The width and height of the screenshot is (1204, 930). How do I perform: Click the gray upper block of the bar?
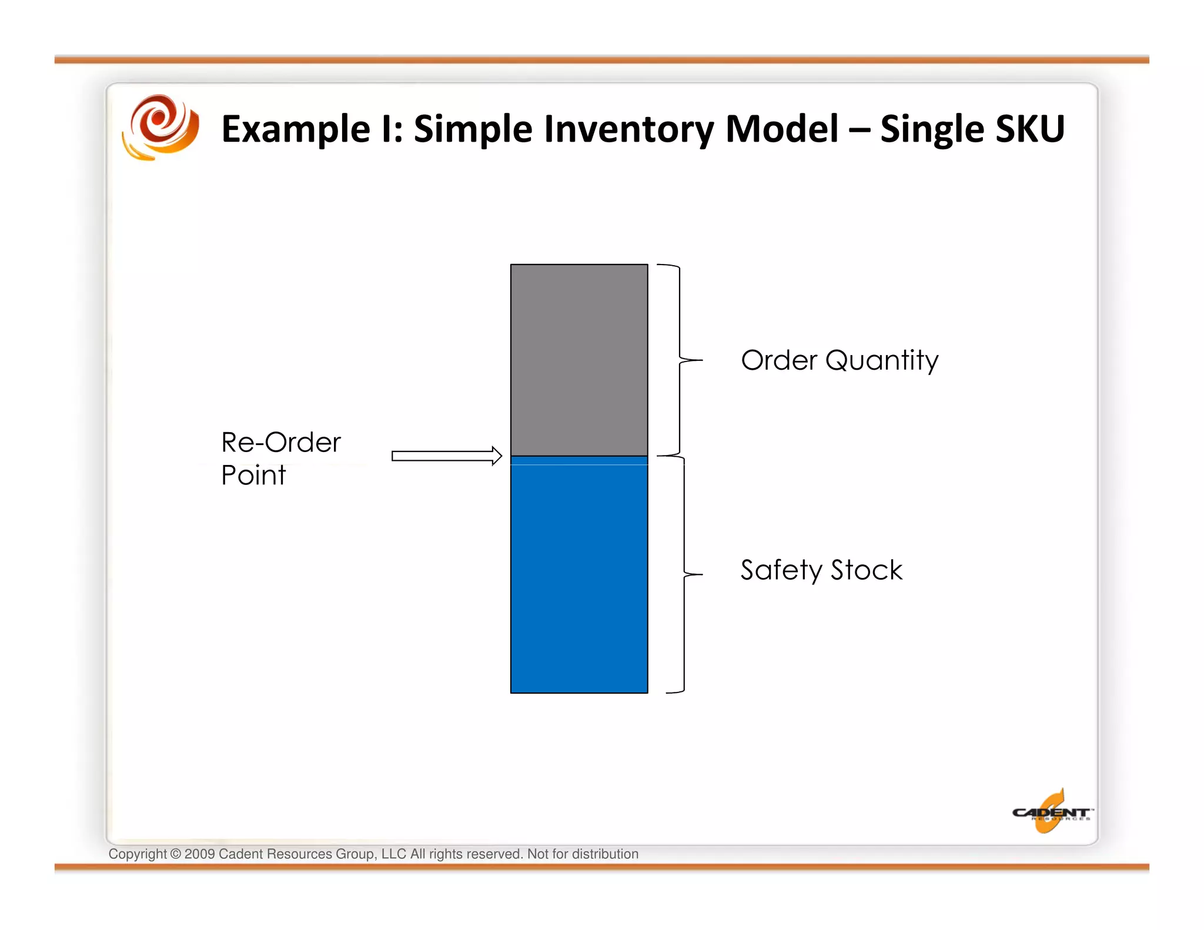click(579, 360)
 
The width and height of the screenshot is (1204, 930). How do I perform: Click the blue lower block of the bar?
click(579, 576)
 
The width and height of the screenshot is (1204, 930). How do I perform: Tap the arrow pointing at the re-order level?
click(447, 456)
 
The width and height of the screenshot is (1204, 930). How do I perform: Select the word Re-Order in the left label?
click(281, 443)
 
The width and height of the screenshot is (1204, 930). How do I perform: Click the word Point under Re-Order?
click(253, 475)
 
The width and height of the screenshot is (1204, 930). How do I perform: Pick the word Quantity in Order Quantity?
click(882, 361)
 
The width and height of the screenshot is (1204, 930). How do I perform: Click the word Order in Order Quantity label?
click(779, 360)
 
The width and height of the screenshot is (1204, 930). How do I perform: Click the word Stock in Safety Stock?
click(867, 570)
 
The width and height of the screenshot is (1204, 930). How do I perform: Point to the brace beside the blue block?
click(684, 574)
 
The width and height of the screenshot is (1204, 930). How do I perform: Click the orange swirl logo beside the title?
click(160, 128)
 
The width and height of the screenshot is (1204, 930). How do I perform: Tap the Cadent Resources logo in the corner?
click(1052, 812)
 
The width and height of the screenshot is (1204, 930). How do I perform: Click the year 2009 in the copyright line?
click(199, 854)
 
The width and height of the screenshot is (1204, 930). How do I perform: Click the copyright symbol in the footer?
click(176, 854)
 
